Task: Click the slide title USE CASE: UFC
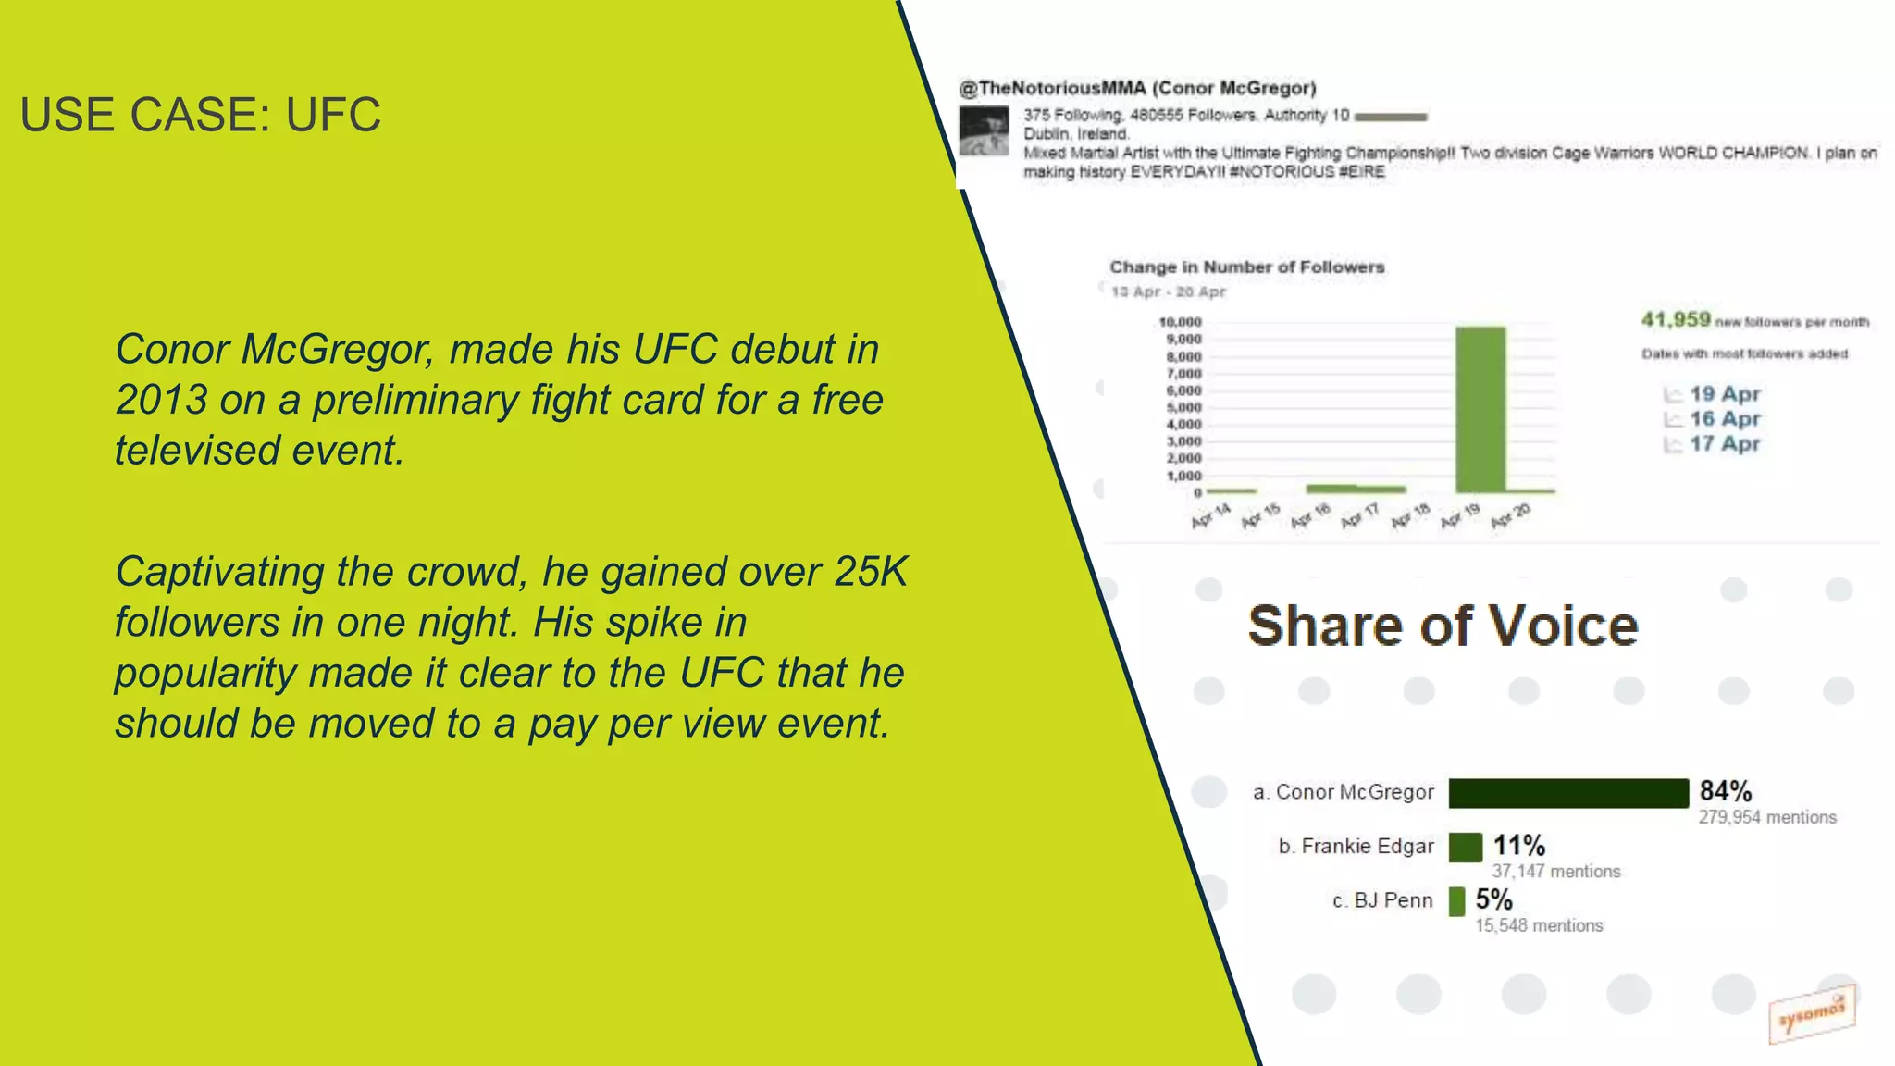pyautogui.click(x=200, y=115)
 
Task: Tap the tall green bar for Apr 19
pyautogui.click(x=1480, y=409)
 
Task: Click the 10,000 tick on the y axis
pyautogui.click(x=1180, y=322)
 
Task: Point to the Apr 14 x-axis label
pyautogui.click(x=1210, y=516)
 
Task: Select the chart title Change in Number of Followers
pyautogui.click(x=1246, y=267)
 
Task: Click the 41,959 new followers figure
pyautogui.click(x=1676, y=320)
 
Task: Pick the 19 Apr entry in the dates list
pyautogui.click(x=1724, y=394)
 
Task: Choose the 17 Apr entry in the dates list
pyautogui.click(x=1724, y=444)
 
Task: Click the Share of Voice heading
pyautogui.click(x=1443, y=626)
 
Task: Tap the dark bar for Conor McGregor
pyautogui.click(x=1568, y=793)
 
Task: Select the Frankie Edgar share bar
pyautogui.click(x=1465, y=847)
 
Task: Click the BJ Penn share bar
pyautogui.click(x=1456, y=900)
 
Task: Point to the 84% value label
pyautogui.click(x=1726, y=791)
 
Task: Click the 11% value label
pyautogui.click(x=1518, y=845)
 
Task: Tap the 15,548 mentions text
pyautogui.click(x=1539, y=925)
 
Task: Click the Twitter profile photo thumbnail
pyautogui.click(x=984, y=131)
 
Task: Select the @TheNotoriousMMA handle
pyautogui.click(x=1052, y=88)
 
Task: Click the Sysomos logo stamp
pyautogui.click(x=1811, y=1014)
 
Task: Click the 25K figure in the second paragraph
pyautogui.click(x=870, y=572)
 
